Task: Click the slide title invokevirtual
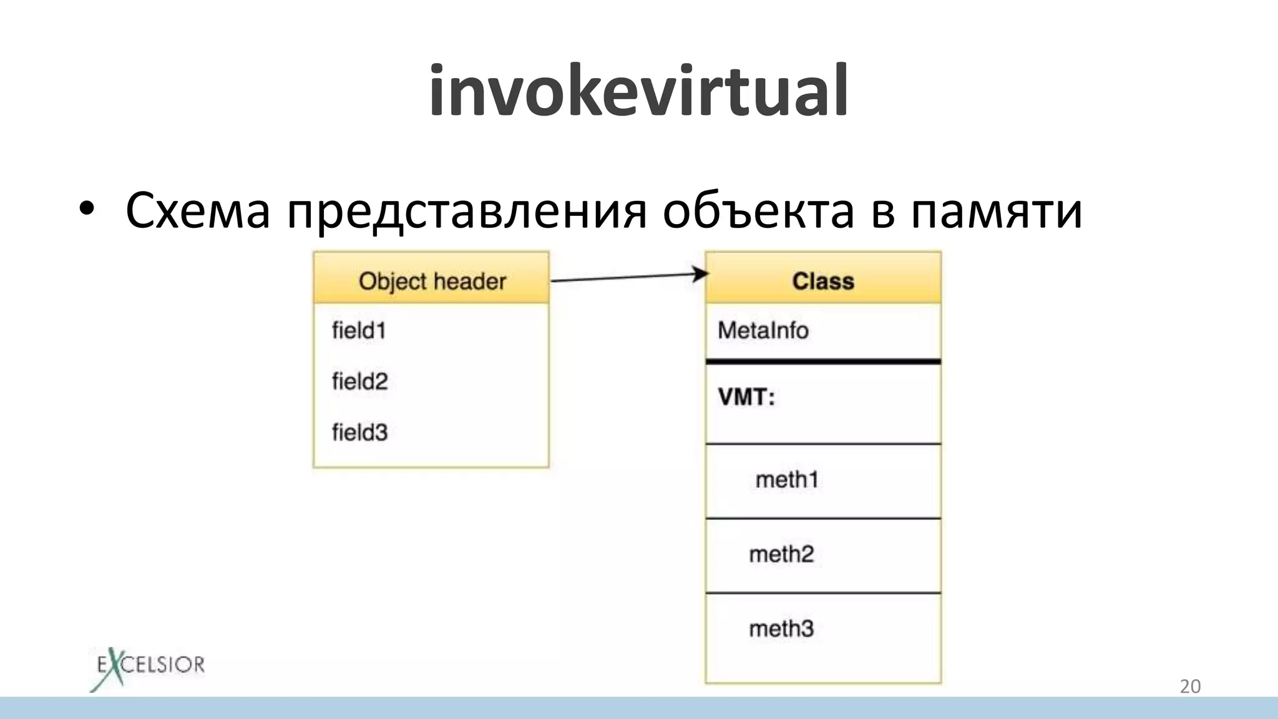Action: tap(638, 91)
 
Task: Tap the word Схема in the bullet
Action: tap(198, 211)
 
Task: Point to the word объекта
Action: tap(758, 211)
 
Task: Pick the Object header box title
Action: tap(432, 281)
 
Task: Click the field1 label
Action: tap(359, 330)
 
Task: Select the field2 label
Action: tap(359, 381)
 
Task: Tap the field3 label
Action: tap(359, 432)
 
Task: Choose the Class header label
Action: tap(823, 281)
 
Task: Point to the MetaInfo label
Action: tap(763, 330)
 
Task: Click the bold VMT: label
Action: tap(746, 397)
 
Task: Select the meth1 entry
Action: tap(787, 479)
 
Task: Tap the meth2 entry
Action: tap(781, 554)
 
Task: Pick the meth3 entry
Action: tap(781, 629)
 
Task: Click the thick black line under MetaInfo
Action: tap(823, 361)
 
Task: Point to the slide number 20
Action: tap(1190, 686)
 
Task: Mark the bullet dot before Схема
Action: tap(87, 209)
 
